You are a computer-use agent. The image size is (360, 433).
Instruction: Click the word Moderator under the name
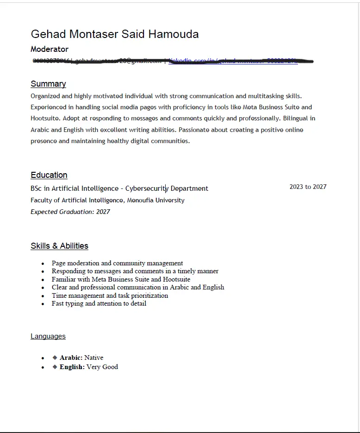coord(50,49)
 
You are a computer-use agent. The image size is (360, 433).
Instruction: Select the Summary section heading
coord(48,84)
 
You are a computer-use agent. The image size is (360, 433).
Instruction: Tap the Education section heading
coord(49,175)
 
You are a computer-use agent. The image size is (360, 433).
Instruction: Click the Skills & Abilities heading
coord(59,246)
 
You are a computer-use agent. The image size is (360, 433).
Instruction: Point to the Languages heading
coord(48,336)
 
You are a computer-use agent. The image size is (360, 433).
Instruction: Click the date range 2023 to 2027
coord(308,187)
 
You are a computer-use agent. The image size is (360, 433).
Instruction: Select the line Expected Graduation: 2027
coord(70,212)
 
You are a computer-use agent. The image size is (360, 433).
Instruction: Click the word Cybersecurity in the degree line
coord(147,188)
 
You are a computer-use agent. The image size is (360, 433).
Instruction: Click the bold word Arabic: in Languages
coord(71,358)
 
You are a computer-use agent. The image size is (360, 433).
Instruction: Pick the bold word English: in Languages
coord(72,367)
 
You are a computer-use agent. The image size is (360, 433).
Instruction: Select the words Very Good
coord(102,367)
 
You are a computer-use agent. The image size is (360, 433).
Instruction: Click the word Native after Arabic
coord(94,358)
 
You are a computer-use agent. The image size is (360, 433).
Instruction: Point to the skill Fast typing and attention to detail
coord(99,303)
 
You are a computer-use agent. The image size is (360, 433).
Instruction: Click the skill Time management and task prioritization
coord(110,295)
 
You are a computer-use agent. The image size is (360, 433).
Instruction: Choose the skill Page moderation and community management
coord(117,263)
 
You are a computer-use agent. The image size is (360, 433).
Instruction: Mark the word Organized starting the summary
coord(45,96)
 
